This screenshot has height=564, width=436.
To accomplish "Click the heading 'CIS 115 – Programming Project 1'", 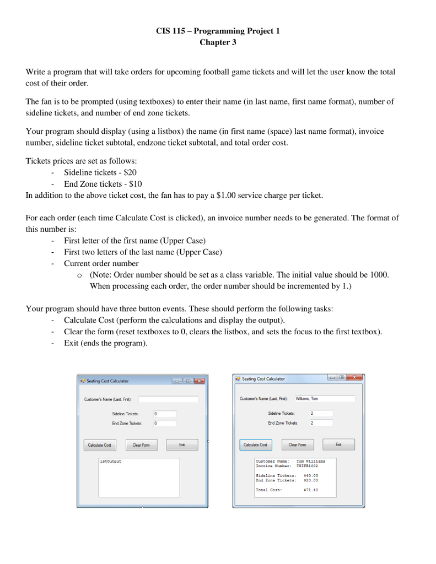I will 218,31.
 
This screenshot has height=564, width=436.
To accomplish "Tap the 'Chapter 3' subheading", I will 218,42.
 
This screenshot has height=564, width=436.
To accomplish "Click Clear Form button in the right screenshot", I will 297,444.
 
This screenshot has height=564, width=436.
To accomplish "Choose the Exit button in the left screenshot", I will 181,444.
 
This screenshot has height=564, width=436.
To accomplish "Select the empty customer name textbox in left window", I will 168,399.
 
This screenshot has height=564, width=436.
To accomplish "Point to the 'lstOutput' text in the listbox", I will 110,461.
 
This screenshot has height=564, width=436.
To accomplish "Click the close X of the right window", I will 355,378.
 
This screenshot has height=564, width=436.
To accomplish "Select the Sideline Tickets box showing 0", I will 164,414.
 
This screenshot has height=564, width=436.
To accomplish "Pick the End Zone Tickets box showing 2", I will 321,423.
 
